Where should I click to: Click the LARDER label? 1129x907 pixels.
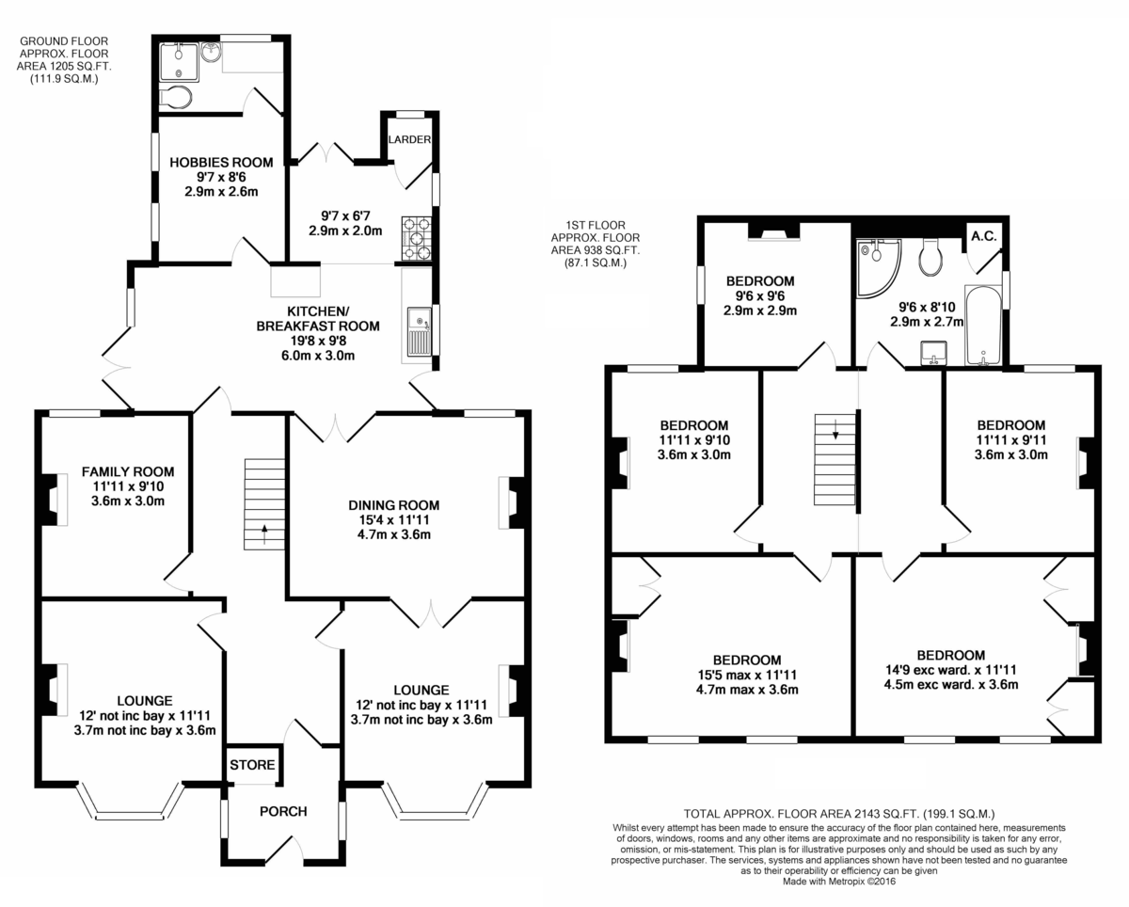pyautogui.click(x=410, y=139)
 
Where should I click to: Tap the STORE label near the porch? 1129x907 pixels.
pyautogui.click(x=252, y=765)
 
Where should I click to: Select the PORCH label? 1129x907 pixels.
pyautogui.click(x=283, y=812)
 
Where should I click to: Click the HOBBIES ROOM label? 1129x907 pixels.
pyautogui.click(x=221, y=162)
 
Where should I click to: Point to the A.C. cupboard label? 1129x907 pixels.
pyautogui.click(x=983, y=236)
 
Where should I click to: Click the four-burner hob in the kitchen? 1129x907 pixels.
pyautogui.click(x=417, y=239)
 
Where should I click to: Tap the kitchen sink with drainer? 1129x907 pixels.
pyautogui.click(x=420, y=331)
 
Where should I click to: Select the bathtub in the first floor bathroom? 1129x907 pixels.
pyautogui.click(x=983, y=326)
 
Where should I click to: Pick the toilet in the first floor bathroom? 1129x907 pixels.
pyautogui.click(x=930, y=257)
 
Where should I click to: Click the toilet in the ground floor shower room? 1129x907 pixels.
pyautogui.click(x=176, y=97)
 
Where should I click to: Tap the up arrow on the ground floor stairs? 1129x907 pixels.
pyautogui.click(x=264, y=534)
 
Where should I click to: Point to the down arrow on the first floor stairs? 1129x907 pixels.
pyautogui.click(x=835, y=429)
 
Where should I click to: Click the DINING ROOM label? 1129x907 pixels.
pyautogui.click(x=394, y=505)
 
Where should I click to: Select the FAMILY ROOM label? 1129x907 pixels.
pyautogui.click(x=128, y=471)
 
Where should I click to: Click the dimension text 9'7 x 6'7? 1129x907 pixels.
pyautogui.click(x=345, y=215)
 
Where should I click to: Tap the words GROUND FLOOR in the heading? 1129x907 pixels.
pyautogui.click(x=64, y=40)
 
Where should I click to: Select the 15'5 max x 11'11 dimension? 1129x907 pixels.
pyautogui.click(x=747, y=675)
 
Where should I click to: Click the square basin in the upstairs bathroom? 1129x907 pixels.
pyautogui.click(x=934, y=353)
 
